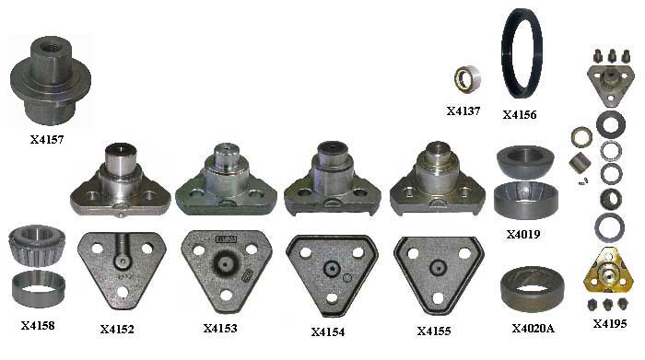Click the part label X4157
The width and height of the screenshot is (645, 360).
point(47,140)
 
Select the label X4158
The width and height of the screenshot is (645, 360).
point(38,326)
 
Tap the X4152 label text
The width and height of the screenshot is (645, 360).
point(117,330)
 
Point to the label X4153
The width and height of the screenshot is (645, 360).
point(220,329)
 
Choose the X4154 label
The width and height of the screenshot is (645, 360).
point(328,332)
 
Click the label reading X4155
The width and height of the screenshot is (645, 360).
point(434,331)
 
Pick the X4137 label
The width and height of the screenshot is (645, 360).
point(463,111)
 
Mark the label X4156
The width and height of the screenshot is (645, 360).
point(520,115)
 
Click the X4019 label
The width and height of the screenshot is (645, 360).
point(523,235)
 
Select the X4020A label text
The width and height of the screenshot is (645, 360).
point(534,329)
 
